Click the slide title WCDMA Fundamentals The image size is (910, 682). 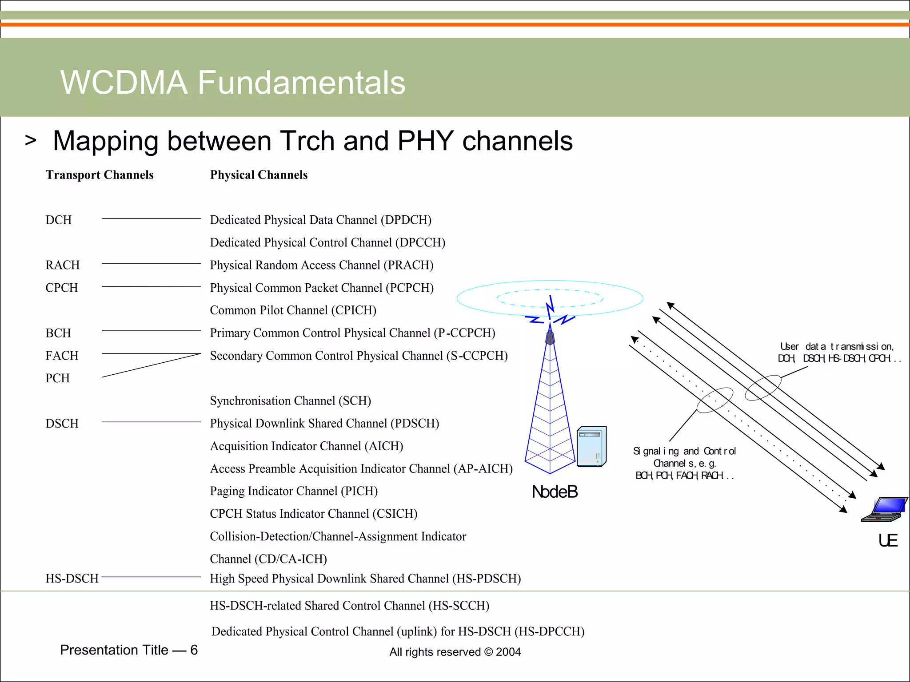coord(233,83)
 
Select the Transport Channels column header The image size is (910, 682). coord(100,175)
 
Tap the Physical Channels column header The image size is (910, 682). coord(259,175)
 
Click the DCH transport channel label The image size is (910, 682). coord(59,220)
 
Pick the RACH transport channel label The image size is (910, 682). coord(63,265)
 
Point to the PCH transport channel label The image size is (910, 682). coord(58,378)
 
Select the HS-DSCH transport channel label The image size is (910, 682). coord(72,579)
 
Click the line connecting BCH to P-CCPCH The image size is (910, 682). coord(151,331)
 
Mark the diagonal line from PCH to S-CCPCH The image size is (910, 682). coord(151,365)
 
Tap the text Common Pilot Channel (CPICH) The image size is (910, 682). coord(293,310)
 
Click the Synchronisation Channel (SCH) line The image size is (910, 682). coord(290,401)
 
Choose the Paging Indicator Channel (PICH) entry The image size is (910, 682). coord(294,491)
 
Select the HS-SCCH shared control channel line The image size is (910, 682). coord(349,606)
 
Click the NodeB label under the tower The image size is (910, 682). coord(555,492)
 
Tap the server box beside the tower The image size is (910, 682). coord(591,447)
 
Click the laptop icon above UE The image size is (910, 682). coord(884,510)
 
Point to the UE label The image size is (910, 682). coord(888,541)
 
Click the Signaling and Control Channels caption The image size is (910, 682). coord(685,464)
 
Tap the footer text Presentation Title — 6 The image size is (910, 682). coord(129,650)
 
